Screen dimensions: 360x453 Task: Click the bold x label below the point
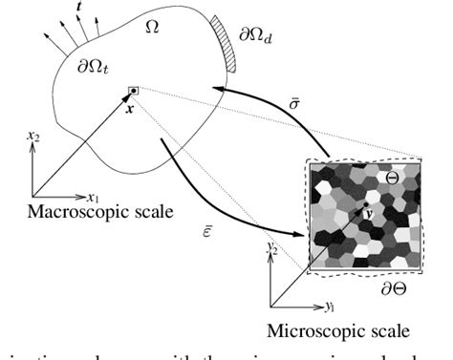(x=130, y=107)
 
